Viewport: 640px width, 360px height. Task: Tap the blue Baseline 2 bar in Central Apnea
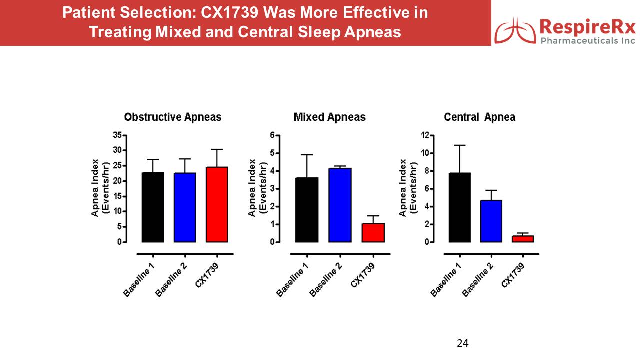(x=491, y=221)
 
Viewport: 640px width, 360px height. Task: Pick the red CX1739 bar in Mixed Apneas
(x=373, y=233)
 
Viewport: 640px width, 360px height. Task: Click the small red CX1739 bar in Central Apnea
(x=522, y=239)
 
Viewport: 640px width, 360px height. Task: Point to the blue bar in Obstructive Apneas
(x=185, y=207)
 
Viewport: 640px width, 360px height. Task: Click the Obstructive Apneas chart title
(x=172, y=117)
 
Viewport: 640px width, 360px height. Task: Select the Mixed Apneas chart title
(x=329, y=117)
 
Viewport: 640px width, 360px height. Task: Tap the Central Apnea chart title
(x=479, y=117)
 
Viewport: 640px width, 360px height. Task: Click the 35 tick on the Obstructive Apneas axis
(x=118, y=135)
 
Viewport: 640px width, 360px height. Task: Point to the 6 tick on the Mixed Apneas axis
(x=272, y=135)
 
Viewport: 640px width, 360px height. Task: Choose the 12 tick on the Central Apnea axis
(x=425, y=135)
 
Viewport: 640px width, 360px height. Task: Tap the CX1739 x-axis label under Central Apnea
(x=513, y=274)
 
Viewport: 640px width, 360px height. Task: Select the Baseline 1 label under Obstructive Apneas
(x=138, y=280)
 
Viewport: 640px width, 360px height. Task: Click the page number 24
(x=462, y=343)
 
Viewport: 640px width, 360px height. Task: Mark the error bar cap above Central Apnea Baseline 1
(x=459, y=145)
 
